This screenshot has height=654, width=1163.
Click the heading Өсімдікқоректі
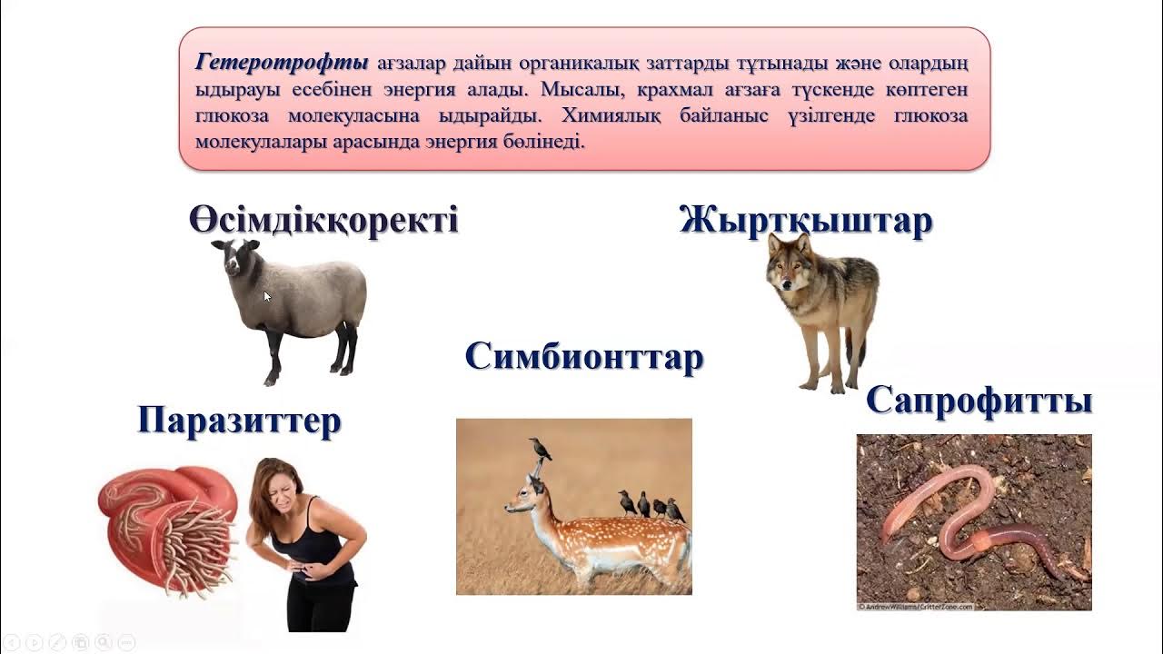[x=323, y=221]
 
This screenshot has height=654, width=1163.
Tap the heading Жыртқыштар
[x=806, y=221]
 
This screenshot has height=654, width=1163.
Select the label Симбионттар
[x=584, y=356]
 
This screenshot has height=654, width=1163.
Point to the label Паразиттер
[x=240, y=421]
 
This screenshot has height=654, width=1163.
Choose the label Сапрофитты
[x=979, y=400]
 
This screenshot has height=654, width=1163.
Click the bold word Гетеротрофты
[x=282, y=64]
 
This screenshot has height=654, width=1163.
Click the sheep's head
[x=234, y=259]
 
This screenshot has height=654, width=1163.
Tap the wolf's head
[x=789, y=263]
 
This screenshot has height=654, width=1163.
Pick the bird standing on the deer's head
[x=542, y=449]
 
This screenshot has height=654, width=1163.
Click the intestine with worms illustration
[x=168, y=527]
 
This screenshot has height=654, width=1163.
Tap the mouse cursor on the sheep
[x=267, y=296]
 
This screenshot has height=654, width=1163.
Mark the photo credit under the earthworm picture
[x=915, y=606]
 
